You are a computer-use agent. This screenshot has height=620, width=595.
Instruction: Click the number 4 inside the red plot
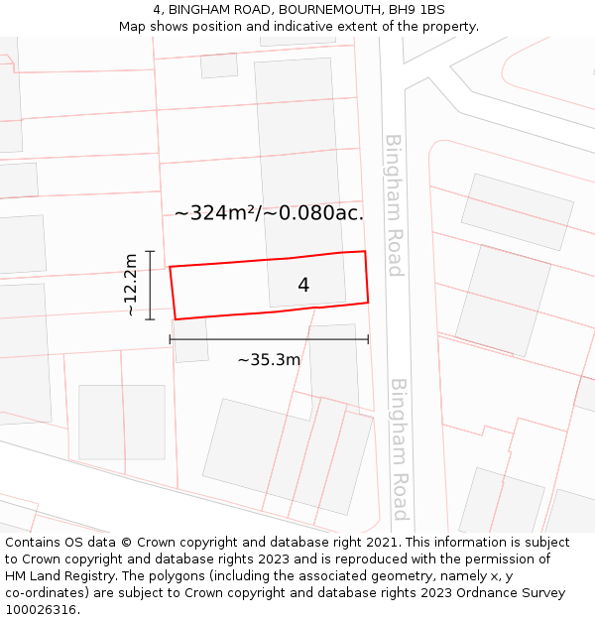[x=303, y=286]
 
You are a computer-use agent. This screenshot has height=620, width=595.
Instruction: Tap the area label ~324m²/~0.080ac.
[x=269, y=213]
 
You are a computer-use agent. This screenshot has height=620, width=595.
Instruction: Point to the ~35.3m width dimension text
[x=269, y=360]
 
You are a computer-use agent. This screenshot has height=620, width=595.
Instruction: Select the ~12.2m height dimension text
[x=131, y=285]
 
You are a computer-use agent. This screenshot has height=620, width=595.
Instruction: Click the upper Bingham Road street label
[x=394, y=205]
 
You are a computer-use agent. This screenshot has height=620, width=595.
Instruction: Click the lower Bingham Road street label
[x=399, y=448]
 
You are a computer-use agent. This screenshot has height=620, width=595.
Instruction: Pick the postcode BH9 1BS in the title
[x=417, y=10]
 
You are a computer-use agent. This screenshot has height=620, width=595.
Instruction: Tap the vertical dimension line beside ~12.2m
[x=151, y=285]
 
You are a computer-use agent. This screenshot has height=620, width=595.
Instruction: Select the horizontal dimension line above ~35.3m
[x=269, y=339]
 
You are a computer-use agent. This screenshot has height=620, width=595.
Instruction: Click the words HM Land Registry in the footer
[x=56, y=576]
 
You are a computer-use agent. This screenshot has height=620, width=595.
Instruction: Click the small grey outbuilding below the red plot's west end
[x=190, y=339]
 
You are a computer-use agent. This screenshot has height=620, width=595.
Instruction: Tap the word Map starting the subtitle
[x=133, y=27]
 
